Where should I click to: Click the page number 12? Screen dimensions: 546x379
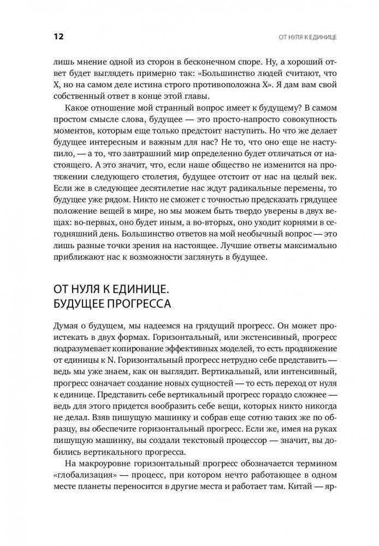(58, 37)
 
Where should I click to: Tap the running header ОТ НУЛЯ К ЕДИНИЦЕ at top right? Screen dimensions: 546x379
(308, 38)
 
